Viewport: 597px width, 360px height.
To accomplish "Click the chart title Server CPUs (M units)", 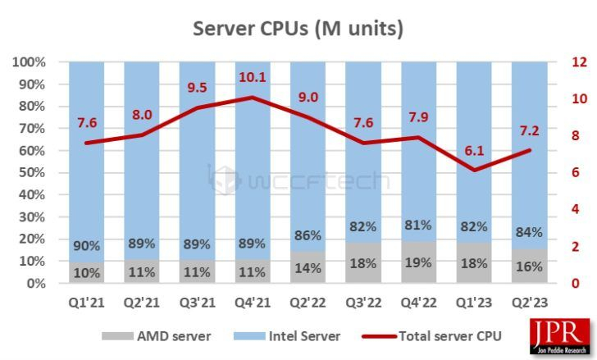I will click(x=298, y=29).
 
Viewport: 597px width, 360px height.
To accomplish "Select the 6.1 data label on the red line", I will click(x=473, y=151).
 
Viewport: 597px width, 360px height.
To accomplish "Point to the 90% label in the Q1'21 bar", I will click(x=87, y=245).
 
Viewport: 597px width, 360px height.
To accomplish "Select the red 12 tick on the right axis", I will click(x=580, y=62).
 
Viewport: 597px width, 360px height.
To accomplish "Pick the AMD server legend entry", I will click(x=156, y=335).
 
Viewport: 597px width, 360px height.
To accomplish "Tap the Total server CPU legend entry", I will click(x=435, y=335).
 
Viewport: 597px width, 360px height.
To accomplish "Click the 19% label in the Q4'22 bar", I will click(x=418, y=263).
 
